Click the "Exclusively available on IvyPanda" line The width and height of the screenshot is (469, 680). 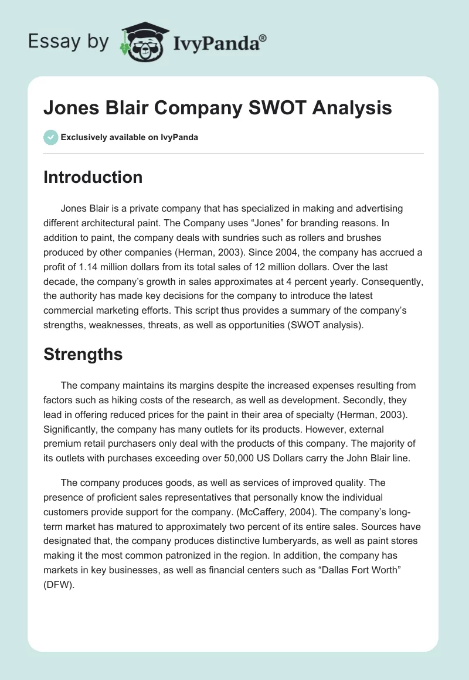click(129, 137)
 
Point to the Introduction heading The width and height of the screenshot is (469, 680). click(93, 177)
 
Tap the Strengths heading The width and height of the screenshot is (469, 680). click(83, 354)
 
